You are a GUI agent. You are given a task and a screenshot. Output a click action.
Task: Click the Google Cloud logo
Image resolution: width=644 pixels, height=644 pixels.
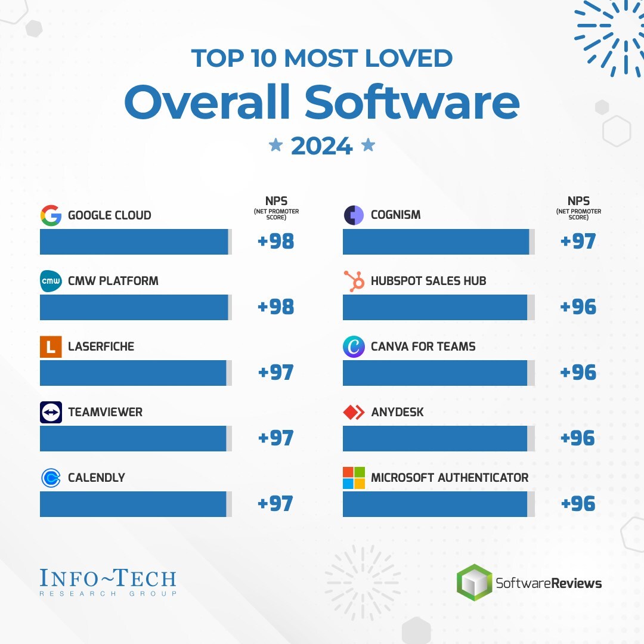[51, 215]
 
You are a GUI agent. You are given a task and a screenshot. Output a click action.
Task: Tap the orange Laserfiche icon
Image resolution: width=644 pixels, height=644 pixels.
[51, 347]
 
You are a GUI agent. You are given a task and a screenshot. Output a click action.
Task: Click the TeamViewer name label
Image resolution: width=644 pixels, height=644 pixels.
[105, 412]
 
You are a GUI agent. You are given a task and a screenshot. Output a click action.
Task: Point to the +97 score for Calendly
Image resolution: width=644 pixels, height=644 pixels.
[275, 503]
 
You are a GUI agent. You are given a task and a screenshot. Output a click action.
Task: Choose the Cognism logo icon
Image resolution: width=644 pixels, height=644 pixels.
[354, 215]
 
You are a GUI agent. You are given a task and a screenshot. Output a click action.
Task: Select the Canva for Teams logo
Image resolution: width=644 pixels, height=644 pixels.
[354, 346]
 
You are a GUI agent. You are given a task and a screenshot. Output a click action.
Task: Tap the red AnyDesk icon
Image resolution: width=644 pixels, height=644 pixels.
[354, 412]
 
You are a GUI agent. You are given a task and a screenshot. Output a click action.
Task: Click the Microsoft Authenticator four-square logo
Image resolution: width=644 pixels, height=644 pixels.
[354, 478]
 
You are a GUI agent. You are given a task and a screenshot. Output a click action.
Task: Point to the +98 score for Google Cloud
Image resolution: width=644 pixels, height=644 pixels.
[275, 241]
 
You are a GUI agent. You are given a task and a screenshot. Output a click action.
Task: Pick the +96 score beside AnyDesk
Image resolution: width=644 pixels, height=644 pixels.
[578, 438]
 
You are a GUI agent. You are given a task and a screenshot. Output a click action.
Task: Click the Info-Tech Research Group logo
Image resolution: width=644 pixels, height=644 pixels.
[108, 582]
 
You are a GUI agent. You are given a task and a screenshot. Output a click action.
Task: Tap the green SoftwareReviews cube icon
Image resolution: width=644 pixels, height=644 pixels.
[475, 582]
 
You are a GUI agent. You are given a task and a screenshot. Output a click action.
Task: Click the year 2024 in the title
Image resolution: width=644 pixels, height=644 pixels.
[321, 145]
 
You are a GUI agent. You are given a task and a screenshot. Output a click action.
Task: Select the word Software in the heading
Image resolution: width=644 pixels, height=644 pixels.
[412, 103]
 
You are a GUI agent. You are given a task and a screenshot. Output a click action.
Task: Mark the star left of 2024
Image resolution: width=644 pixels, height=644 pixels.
[275, 145]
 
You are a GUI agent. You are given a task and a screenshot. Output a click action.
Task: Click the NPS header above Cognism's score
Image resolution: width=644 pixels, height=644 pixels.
[578, 202]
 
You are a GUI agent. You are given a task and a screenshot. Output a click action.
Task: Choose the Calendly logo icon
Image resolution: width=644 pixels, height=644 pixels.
[51, 478]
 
